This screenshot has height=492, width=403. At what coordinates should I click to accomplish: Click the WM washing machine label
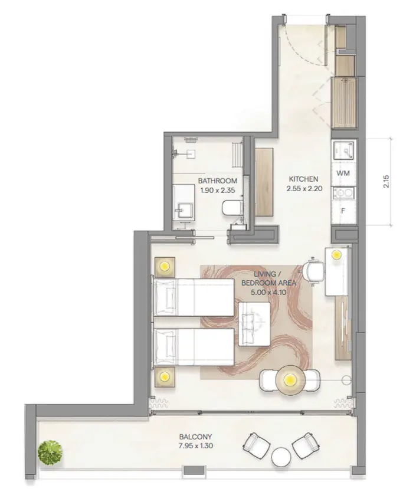(x=343, y=173)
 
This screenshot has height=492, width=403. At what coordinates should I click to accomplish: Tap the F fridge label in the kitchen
(x=343, y=211)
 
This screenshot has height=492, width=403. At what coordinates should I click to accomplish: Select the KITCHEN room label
(x=303, y=179)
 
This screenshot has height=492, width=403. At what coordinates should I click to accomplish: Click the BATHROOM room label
(x=218, y=181)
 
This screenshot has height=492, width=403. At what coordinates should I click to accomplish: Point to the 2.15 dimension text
(x=386, y=181)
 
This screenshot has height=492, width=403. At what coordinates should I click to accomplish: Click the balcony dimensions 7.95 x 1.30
(x=195, y=445)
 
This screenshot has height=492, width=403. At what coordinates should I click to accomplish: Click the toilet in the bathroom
(x=232, y=208)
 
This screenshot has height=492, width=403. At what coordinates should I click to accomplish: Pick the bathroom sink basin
(x=185, y=210)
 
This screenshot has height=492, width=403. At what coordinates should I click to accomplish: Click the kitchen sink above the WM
(x=345, y=150)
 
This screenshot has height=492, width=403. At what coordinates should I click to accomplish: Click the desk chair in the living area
(x=313, y=270)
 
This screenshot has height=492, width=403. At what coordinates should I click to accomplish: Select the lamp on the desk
(x=337, y=255)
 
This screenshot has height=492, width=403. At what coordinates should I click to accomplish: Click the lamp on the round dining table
(x=290, y=381)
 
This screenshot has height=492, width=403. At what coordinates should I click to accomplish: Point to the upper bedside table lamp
(x=165, y=267)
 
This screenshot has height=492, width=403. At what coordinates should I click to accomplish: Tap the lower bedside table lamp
(x=165, y=376)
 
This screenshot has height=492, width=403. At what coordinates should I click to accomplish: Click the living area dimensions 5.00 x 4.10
(x=268, y=293)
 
